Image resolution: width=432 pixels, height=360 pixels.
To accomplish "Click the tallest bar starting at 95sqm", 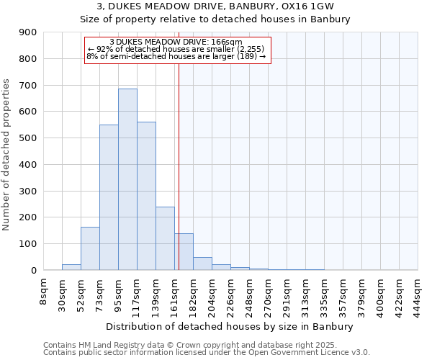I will pyautogui.click(x=127, y=179).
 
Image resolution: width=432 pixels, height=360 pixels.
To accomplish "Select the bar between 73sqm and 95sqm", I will pyautogui.click(x=109, y=197).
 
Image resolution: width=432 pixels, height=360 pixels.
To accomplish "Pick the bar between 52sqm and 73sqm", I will pyautogui.click(x=90, y=248).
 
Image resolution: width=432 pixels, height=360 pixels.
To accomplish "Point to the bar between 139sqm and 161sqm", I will pyautogui.click(x=165, y=238).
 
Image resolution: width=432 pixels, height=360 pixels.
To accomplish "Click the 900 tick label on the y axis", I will pyautogui.click(x=28, y=32).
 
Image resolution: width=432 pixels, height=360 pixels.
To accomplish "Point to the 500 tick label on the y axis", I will pyautogui.click(x=28, y=138).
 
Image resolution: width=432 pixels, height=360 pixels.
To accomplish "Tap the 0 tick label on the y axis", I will pyautogui.click(x=33, y=270).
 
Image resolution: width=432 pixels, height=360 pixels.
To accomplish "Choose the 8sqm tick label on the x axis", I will pyautogui.click(x=44, y=292).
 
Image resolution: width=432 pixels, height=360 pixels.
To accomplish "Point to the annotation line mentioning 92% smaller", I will pyautogui.click(x=177, y=49).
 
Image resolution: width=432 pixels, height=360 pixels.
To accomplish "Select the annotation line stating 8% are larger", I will pyautogui.click(x=177, y=56).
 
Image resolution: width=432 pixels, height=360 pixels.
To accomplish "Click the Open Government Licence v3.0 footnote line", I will pyautogui.click(x=206, y=353).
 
